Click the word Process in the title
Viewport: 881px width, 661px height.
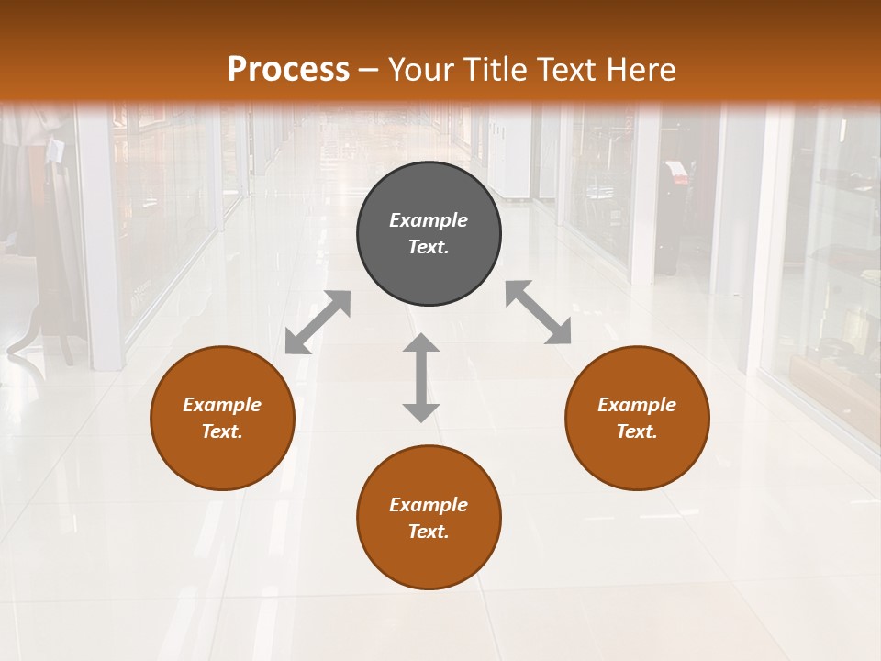[288, 69]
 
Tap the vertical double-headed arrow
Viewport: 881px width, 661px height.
[421, 377]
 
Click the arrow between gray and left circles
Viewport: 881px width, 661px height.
[318, 322]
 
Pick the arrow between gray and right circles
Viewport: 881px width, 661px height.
[538, 312]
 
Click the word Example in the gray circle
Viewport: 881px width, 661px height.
[429, 220]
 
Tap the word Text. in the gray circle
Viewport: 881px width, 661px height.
[429, 247]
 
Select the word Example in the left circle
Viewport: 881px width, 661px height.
[222, 405]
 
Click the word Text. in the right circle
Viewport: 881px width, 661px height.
[637, 431]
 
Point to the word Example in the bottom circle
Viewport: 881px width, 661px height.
[429, 505]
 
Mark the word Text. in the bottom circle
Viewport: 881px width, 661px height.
[429, 532]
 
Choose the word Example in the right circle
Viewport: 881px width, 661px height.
[637, 405]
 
